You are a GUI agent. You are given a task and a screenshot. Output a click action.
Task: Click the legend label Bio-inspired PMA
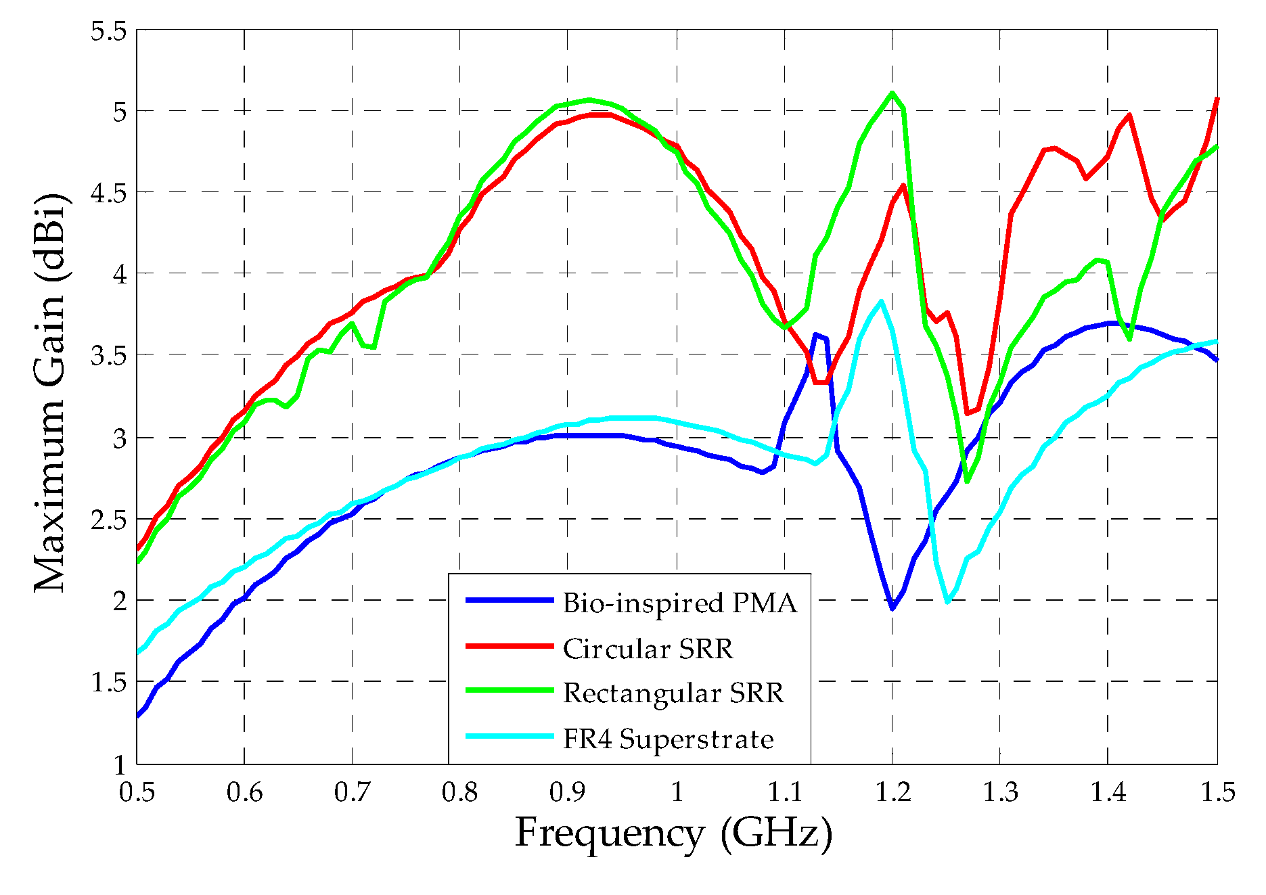679,603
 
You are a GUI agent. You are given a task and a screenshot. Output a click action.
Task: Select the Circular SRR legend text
648,649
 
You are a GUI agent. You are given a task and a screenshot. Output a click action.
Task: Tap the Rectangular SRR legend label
673,693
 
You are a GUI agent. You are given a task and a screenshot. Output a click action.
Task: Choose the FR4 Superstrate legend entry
668,739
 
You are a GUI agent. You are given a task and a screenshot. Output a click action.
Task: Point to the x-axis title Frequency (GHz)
673,833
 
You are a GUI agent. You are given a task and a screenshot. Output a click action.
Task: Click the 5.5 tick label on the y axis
109,31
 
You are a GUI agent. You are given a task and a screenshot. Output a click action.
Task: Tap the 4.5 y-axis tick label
109,193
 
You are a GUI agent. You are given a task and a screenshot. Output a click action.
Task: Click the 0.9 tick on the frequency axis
568,791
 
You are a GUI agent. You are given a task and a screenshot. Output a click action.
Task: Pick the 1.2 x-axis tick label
892,791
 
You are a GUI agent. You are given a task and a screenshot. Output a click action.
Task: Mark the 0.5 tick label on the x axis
137,791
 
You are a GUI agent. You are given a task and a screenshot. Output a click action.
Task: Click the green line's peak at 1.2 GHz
892,93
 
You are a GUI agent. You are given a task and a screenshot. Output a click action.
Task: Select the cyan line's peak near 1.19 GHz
881,301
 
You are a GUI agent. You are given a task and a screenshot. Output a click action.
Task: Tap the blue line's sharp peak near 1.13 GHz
816,334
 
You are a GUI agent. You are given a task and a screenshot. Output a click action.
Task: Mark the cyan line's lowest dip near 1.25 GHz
947,601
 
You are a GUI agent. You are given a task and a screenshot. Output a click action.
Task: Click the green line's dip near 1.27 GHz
968,481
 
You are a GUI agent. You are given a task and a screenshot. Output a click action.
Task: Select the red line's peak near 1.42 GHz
1129,115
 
